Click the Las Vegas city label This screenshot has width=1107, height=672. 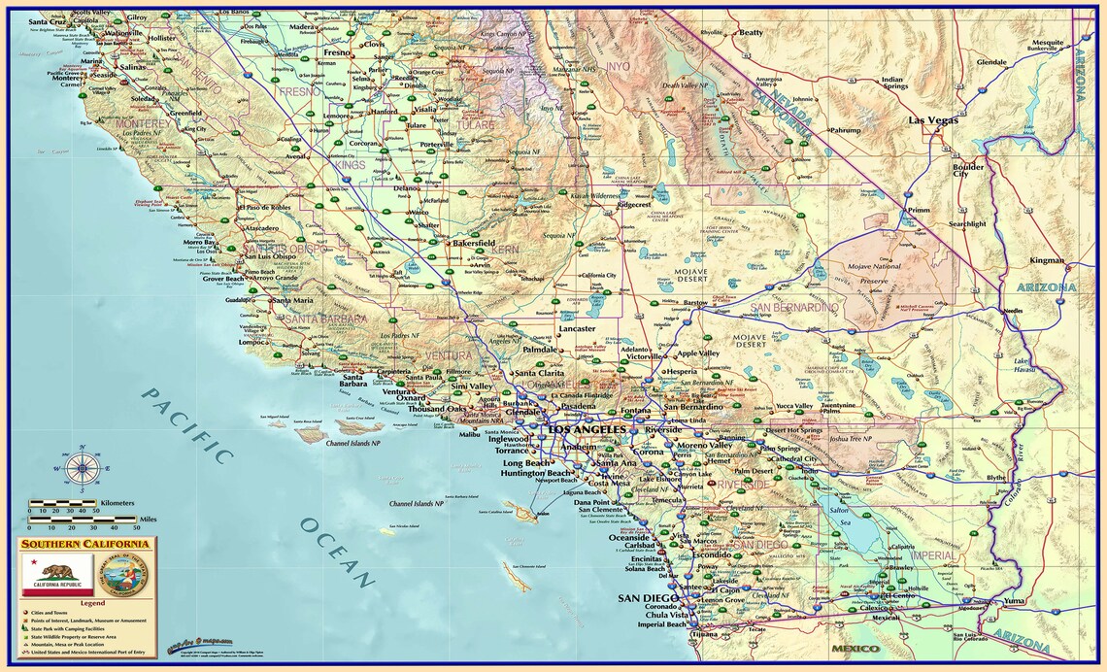tap(933, 120)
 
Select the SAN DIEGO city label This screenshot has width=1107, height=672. tap(646, 598)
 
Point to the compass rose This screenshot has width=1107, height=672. tap(82, 468)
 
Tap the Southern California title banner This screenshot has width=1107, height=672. tap(85, 544)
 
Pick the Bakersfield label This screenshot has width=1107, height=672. tap(474, 242)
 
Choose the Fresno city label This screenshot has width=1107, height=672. tap(336, 52)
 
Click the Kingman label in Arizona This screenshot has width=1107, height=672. tap(1047, 260)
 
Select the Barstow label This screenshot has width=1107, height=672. tap(695, 303)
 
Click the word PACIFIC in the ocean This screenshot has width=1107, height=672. tap(188, 428)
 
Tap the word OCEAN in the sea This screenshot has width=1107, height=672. tap(336, 553)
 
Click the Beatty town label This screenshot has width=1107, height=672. tap(751, 32)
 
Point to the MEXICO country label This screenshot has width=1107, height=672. tap(855, 648)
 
